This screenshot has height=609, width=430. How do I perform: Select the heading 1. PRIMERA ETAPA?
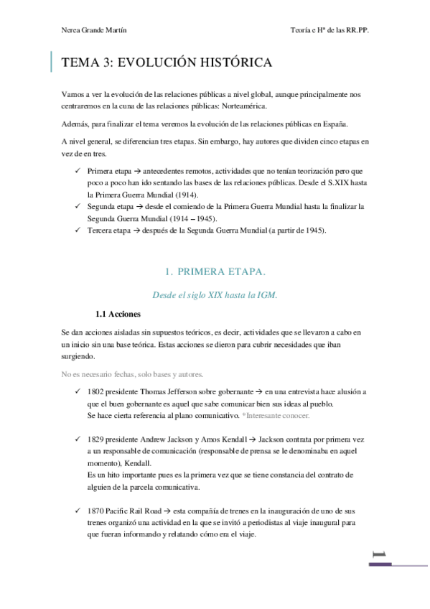click(215, 271)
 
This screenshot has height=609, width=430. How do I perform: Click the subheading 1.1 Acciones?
click(118, 314)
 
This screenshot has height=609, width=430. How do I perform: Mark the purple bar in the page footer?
click(380, 564)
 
